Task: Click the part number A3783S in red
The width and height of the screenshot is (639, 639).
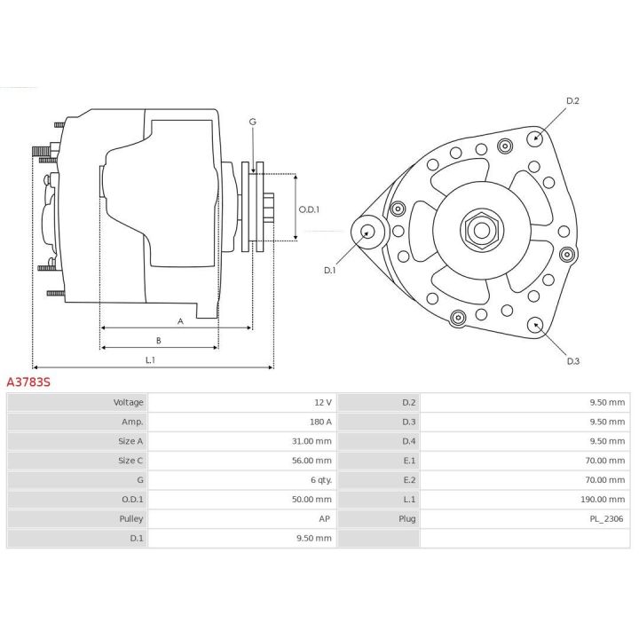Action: [29, 382]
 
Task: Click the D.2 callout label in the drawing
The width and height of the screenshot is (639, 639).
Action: [572, 101]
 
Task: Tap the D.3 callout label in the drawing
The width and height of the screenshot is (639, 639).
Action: [573, 361]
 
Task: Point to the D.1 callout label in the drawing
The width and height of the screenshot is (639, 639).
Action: [329, 270]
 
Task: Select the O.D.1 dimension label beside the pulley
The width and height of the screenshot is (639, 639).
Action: [308, 209]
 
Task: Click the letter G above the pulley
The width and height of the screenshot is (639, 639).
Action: [252, 122]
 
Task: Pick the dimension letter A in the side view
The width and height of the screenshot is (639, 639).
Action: [180, 321]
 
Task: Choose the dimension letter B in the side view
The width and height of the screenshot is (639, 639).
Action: [158, 340]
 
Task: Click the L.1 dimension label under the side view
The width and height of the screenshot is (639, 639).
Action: [151, 359]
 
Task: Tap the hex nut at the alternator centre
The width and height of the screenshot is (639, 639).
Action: [480, 231]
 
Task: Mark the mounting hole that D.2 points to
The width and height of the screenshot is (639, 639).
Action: [535, 138]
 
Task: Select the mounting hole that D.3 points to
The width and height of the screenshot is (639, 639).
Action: [536, 325]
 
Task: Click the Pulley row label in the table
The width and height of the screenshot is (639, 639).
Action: [131, 519]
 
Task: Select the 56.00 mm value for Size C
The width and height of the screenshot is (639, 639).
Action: [312, 461]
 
